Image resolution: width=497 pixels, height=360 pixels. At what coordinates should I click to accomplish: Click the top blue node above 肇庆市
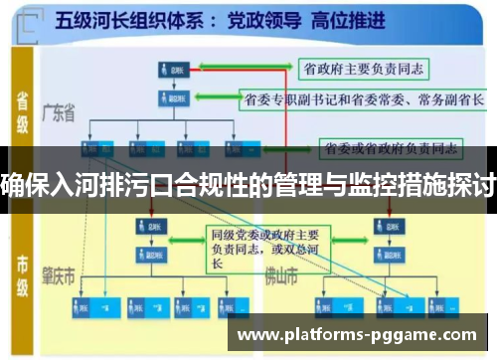tap(154, 226)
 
